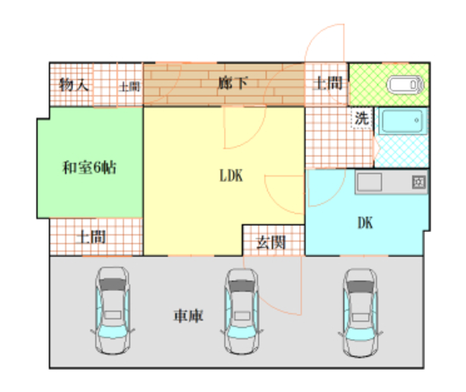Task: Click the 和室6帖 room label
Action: [x=90, y=167]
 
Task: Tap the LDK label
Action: [x=231, y=175]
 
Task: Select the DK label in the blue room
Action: [x=365, y=223]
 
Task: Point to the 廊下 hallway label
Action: [x=233, y=83]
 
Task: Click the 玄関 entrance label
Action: [x=272, y=242]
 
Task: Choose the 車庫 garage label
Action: [x=188, y=316]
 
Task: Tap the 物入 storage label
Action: [x=73, y=85]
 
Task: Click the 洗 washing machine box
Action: [x=361, y=118]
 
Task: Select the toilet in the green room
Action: [x=405, y=85]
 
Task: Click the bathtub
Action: [x=402, y=121]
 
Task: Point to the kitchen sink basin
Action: [x=370, y=182]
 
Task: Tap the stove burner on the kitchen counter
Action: [x=419, y=182]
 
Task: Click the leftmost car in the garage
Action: [x=113, y=311]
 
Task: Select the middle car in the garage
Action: [x=242, y=311]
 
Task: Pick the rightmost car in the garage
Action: [x=360, y=312]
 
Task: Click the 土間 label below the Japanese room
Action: [x=91, y=237]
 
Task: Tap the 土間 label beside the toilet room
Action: [x=328, y=83]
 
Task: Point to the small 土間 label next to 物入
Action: [x=129, y=87]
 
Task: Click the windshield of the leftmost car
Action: [x=113, y=285]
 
